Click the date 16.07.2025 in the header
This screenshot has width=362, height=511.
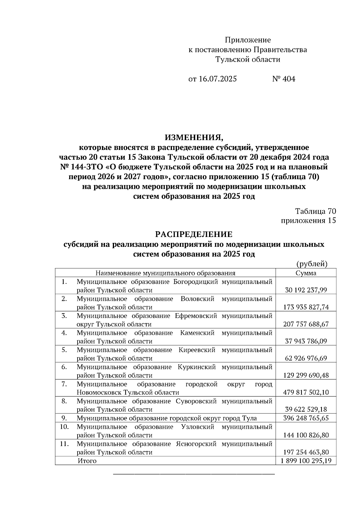pyautogui.click(x=218, y=79)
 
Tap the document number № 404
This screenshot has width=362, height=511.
pyautogui.click(x=284, y=79)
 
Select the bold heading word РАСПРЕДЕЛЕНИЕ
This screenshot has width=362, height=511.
pyautogui.click(x=194, y=234)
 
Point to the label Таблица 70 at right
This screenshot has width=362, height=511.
pyautogui.click(x=316, y=211)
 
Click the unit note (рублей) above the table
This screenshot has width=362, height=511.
pyautogui.click(x=312, y=264)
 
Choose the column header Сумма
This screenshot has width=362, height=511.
pyautogui.click(x=306, y=273)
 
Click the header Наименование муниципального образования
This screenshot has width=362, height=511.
pyautogui.click(x=165, y=273)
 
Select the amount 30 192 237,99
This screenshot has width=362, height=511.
pyautogui.click(x=306, y=290)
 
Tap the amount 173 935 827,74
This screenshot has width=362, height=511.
pyautogui.click(x=306, y=307)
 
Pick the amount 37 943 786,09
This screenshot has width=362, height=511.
pyautogui.click(x=306, y=341)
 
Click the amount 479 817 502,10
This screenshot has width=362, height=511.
pyautogui.click(x=306, y=392)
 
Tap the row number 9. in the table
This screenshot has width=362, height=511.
pyautogui.click(x=64, y=418)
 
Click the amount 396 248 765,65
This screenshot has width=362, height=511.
pyautogui.click(x=306, y=418)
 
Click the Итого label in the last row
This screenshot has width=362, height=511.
pyautogui.click(x=87, y=461)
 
